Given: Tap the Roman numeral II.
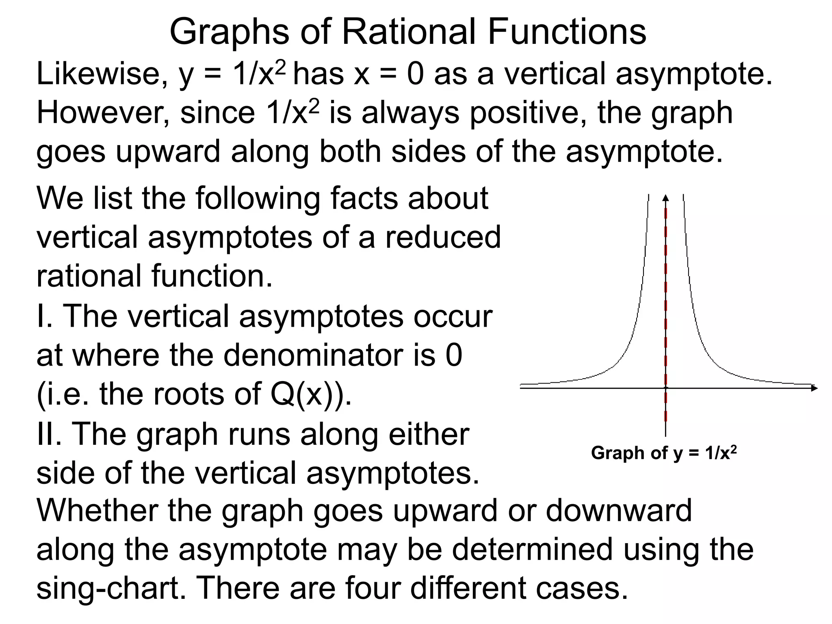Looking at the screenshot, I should [x=48, y=433].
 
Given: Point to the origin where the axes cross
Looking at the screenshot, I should [x=665, y=388].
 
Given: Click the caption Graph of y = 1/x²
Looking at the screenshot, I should [x=664, y=453].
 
